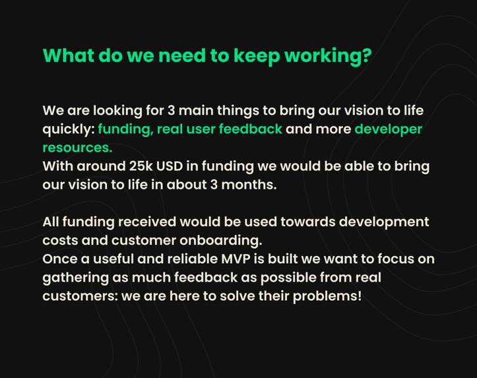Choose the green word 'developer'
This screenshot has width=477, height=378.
point(388,129)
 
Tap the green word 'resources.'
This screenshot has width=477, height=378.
point(77,147)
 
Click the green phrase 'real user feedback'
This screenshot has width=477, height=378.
point(220,129)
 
